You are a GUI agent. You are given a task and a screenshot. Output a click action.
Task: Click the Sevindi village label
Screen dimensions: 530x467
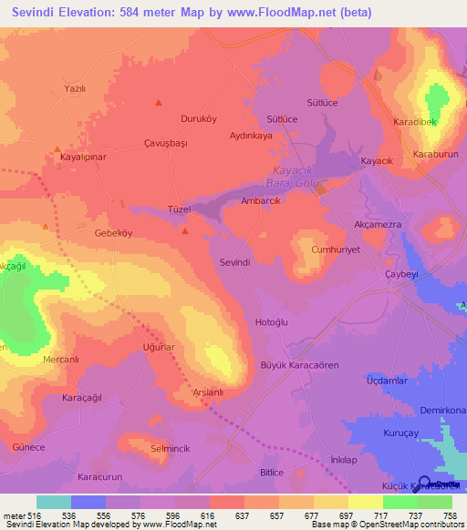coord(235,261)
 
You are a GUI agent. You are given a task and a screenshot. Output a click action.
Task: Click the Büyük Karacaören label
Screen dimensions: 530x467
coord(300,365)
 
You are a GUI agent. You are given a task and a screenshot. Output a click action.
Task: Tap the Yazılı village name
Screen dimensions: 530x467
coord(74,88)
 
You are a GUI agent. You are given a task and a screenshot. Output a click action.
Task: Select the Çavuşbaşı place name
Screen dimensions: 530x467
coord(165,144)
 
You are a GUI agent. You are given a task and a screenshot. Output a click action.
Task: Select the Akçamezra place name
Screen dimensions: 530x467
coord(378,223)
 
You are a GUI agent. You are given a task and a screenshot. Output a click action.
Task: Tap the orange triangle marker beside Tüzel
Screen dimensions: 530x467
coord(185,231)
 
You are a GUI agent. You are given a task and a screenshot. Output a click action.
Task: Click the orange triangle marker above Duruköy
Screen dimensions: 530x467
coord(159,103)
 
